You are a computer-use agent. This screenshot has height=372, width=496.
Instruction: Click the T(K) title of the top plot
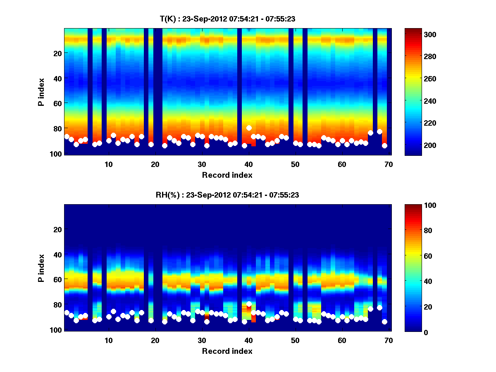pos(227,19)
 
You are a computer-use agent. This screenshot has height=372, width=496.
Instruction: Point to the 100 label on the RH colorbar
pos(416,205)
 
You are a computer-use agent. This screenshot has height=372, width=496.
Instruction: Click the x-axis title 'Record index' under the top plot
pos(227,175)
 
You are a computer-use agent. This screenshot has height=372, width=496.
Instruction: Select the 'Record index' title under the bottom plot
pos(227,351)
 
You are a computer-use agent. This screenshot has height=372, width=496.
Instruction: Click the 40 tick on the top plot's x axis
pos(248,164)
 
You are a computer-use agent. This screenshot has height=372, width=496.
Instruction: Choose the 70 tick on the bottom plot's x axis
pos(388,340)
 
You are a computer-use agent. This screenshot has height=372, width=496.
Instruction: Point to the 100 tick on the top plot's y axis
pos(56,154)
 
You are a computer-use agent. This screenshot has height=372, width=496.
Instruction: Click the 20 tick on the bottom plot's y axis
pos(57,229)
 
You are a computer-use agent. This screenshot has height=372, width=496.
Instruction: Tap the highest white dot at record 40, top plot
pos(249,128)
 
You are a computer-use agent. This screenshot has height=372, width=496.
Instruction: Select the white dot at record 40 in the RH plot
pos(249,304)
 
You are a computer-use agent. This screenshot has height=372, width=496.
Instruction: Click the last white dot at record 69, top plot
pos(384,145)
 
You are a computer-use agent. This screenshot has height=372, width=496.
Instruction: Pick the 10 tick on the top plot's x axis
pos(108,164)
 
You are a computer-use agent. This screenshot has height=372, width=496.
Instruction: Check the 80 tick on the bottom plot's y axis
pos(57,305)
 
